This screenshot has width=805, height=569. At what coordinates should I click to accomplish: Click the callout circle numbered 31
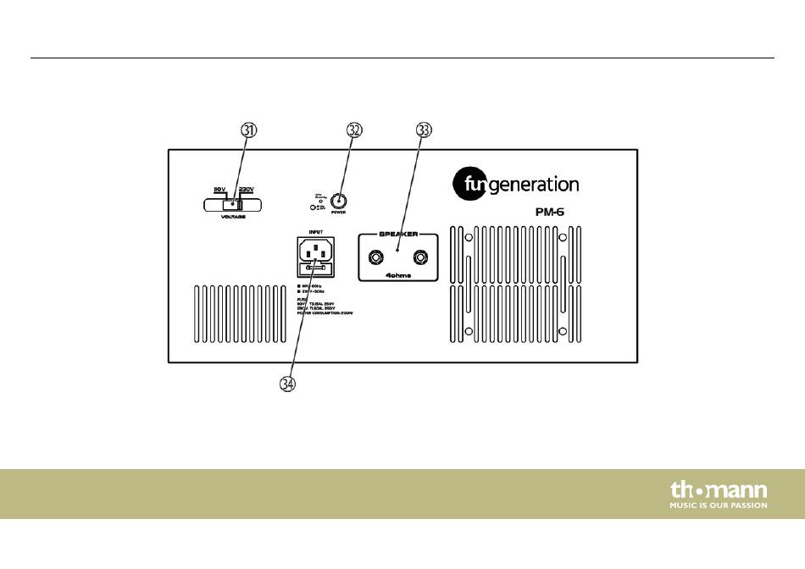[x=248, y=130]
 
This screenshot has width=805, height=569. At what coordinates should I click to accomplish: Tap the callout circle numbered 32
[x=354, y=130]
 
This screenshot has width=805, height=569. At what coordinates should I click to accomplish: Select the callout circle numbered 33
[x=424, y=130]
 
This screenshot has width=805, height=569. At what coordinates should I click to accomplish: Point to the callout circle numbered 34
[x=288, y=384]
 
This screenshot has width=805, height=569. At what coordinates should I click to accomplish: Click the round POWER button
[x=338, y=201]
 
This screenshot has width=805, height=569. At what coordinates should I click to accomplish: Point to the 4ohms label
[x=397, y=275]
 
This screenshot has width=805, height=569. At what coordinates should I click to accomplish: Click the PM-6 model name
[x=549, y=213]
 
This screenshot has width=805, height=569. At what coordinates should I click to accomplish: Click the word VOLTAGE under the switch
[x=232, y=216]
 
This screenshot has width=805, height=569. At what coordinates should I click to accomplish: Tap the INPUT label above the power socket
[x=317, y=229]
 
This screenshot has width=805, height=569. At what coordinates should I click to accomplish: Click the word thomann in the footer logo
[x=719, y=490]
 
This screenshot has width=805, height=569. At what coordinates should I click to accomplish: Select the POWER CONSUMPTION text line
[x=325, y=312]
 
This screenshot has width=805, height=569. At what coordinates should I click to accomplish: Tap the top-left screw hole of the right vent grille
[x=467, y=237]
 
